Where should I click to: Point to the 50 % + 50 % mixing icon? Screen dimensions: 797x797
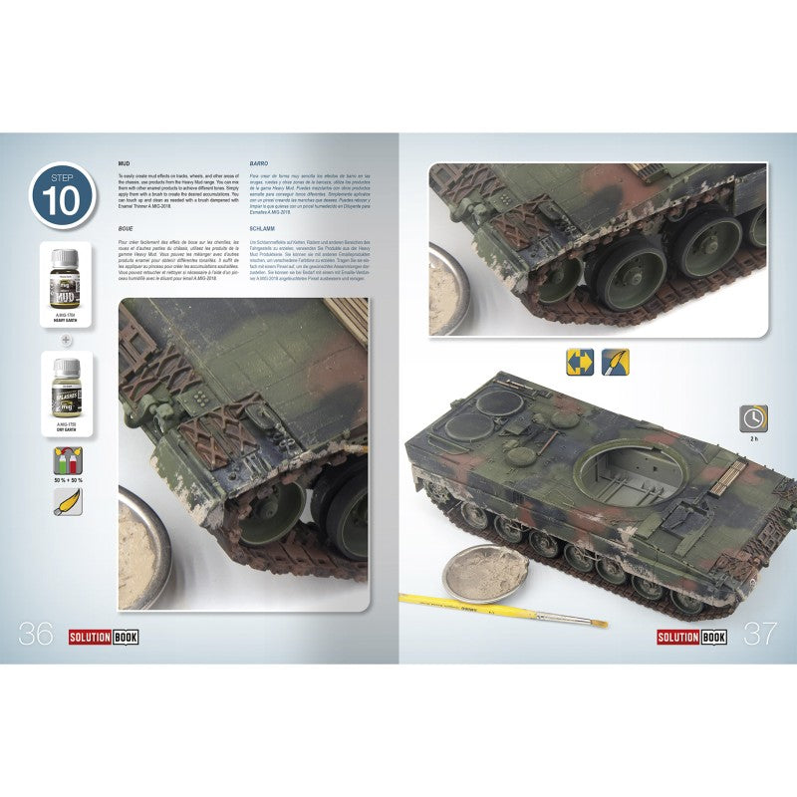click(68, 461)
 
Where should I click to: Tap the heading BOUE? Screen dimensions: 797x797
click(127, 227)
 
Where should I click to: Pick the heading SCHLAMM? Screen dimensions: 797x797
click(262, 227)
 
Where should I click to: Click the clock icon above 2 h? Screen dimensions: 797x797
click(753, 418)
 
